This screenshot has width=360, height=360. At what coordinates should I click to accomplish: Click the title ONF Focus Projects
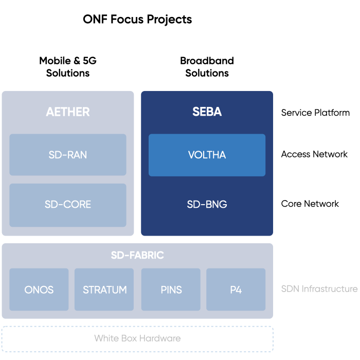137,20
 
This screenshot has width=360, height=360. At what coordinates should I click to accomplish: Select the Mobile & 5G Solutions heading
68,67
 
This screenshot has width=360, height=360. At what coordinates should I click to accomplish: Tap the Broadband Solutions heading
207,67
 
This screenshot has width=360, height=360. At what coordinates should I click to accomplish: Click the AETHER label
68,112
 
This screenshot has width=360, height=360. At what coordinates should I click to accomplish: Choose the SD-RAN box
68,155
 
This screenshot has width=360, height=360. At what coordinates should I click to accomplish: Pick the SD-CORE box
68,205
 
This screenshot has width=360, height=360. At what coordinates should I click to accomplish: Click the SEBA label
207,112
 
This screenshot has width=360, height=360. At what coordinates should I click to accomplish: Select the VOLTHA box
207,155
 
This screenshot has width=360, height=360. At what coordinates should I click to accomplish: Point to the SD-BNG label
207,205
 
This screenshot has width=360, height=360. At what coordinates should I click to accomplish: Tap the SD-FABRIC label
137,255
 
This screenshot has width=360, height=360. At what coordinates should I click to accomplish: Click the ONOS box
39,290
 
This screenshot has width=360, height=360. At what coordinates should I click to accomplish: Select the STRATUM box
104,290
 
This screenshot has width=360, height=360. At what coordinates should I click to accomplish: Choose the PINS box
171,290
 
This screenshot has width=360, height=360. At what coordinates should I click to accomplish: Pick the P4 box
236,290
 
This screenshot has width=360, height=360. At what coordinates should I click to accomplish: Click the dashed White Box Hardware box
137,338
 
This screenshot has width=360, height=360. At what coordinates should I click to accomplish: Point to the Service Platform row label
315,113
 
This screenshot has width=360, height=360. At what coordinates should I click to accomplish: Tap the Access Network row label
314,154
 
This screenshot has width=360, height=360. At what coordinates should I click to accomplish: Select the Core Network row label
310,204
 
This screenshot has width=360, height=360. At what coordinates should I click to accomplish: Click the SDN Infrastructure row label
319,289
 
